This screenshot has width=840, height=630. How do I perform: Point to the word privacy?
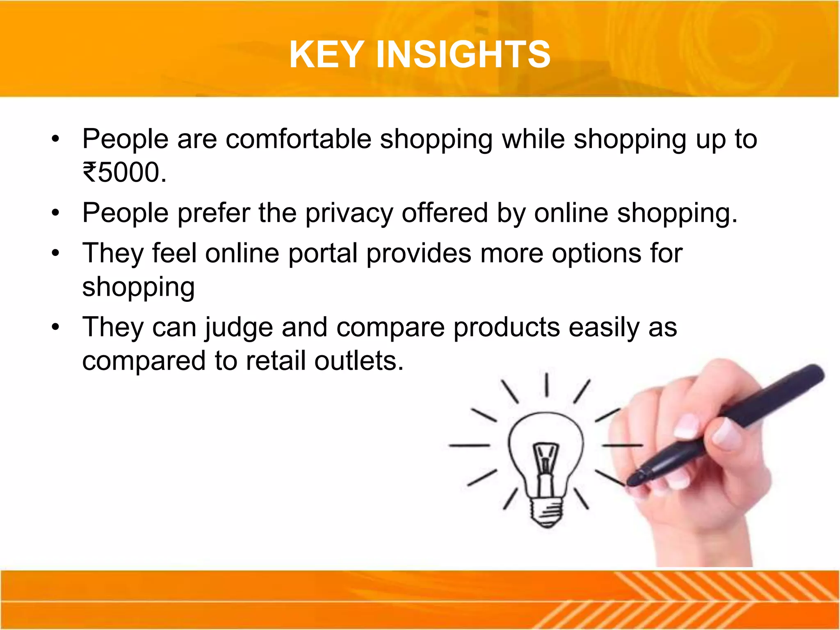[x=349, y=213]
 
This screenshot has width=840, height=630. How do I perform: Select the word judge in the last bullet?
[x=238, y=328]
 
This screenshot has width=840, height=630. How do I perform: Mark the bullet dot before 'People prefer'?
[x=56, y=213]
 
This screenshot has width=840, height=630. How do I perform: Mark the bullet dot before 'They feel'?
[x=56, y=253]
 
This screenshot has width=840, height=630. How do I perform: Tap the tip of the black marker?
[x=632, y=480]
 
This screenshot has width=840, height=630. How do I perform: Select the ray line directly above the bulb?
[x=547, y=385]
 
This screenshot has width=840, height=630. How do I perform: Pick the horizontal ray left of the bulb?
[x=469, y=445]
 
